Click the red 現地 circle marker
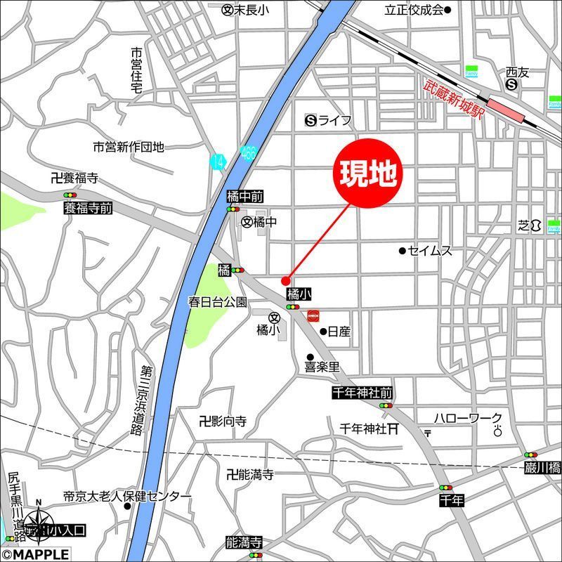(x=365, y=173)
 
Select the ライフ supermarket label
(x=334, y=121)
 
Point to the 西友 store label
(x=516, y=72)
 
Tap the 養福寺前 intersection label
(x=88, y=208)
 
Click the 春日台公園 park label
(x=217, y=302)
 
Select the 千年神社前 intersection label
(x=362, y=393)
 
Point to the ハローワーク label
(x=468, y=418)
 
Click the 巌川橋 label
(x=542, y=466)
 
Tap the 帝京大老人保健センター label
(x=127, y=496)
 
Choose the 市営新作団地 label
(x=129, y=147)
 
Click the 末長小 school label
(x=251, y=11)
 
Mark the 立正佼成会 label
(x=414, y=10)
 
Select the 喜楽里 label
(x=322, y=367)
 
